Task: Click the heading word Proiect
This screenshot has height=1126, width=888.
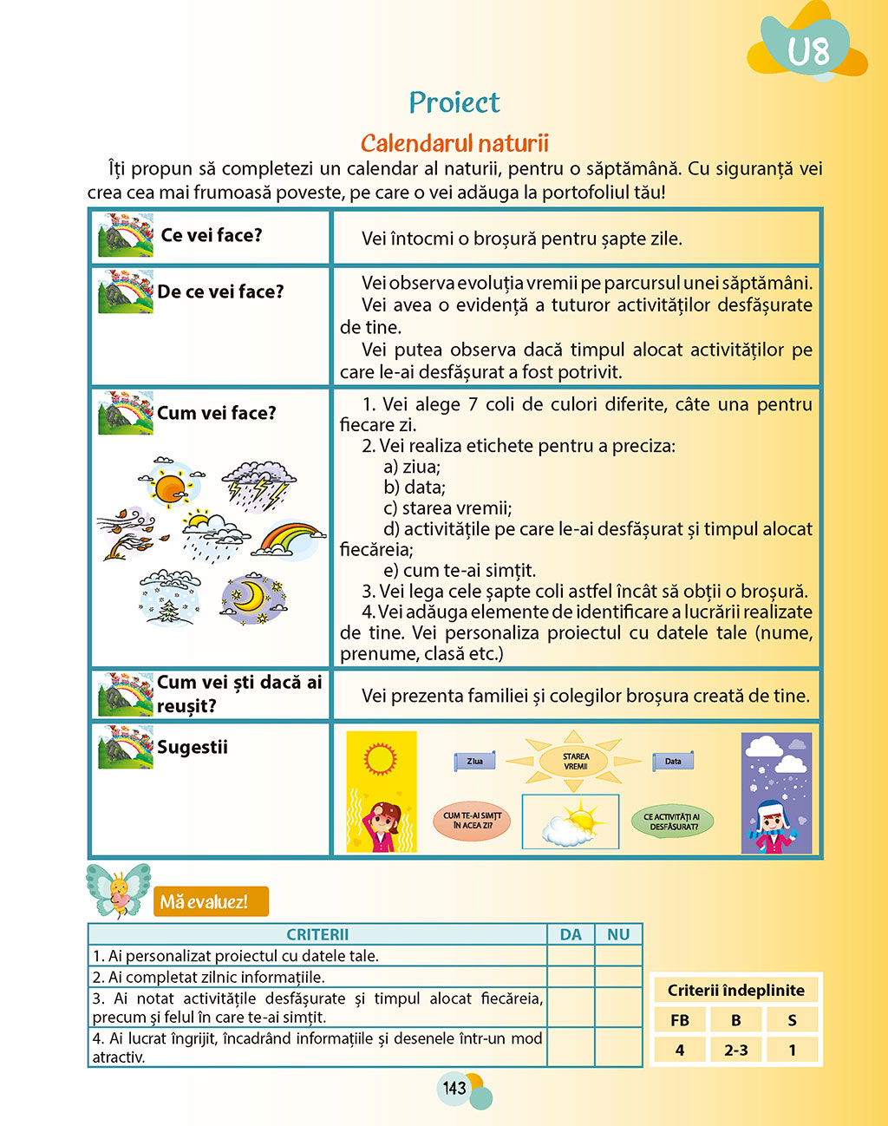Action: (454, 102)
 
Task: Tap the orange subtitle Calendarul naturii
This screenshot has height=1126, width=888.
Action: (454, 143)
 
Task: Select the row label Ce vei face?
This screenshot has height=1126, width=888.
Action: (211, 235)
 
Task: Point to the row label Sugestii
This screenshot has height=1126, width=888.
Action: (192, 747)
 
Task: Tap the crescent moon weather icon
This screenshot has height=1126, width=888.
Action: (252, 598)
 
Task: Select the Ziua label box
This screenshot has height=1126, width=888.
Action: (474, 762)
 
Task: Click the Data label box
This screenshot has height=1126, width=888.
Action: (673, 762)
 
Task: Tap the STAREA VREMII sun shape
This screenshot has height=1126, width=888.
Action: (575, 761)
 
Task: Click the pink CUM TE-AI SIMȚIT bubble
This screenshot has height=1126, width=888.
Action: (473, 821)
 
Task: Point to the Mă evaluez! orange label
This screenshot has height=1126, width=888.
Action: (210, 901)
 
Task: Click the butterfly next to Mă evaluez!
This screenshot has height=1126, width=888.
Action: (119, 890)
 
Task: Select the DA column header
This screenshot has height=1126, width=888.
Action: (571, 934)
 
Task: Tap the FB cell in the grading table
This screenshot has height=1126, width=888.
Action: (680, 1020)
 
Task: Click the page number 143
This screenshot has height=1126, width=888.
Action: (454, 1088)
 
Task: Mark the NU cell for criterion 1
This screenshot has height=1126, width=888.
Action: (618, 956)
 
